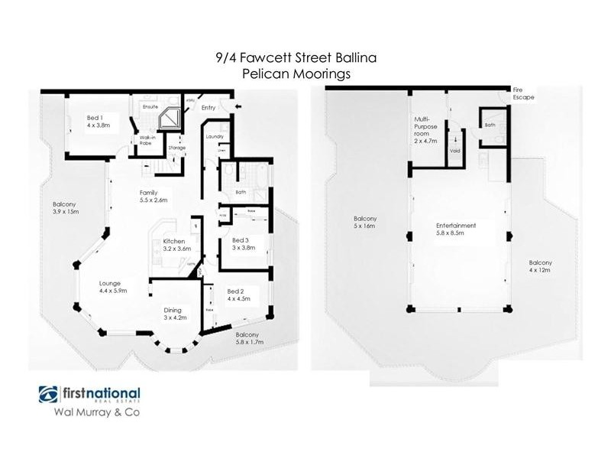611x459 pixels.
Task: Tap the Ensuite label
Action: [x=150, y=107]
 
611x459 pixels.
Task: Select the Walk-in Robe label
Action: [x=147, y=140]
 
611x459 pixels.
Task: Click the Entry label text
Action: [x=209, y=108]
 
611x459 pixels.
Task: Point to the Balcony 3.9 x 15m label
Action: [x=66, y=208]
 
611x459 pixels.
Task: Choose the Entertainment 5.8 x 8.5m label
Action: [x=456, y=229]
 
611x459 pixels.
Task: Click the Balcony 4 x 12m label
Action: [x=541, y=265]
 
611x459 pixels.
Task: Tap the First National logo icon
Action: [x=50, y=396]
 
